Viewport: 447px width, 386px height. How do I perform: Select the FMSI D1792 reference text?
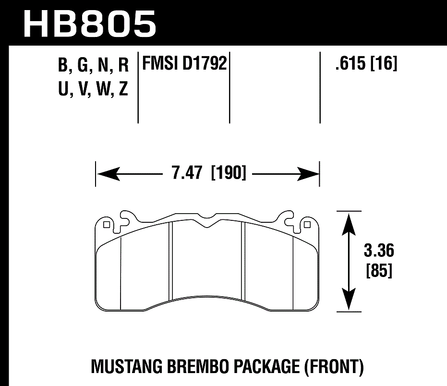(183, 64)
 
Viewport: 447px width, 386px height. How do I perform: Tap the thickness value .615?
(350, 64)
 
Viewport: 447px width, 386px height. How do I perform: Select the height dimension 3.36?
(379, 251)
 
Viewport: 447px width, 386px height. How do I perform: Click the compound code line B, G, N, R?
(93, 66)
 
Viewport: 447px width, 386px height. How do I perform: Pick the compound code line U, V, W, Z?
(93, 89)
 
